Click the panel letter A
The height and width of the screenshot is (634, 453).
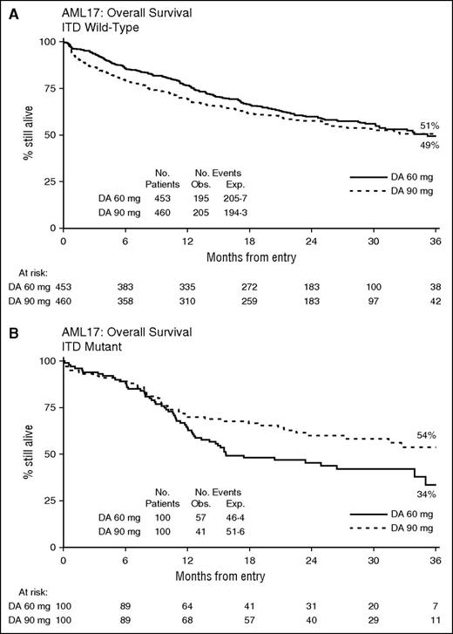pos(7,8)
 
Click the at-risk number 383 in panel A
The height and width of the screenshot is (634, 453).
pos(125,285)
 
